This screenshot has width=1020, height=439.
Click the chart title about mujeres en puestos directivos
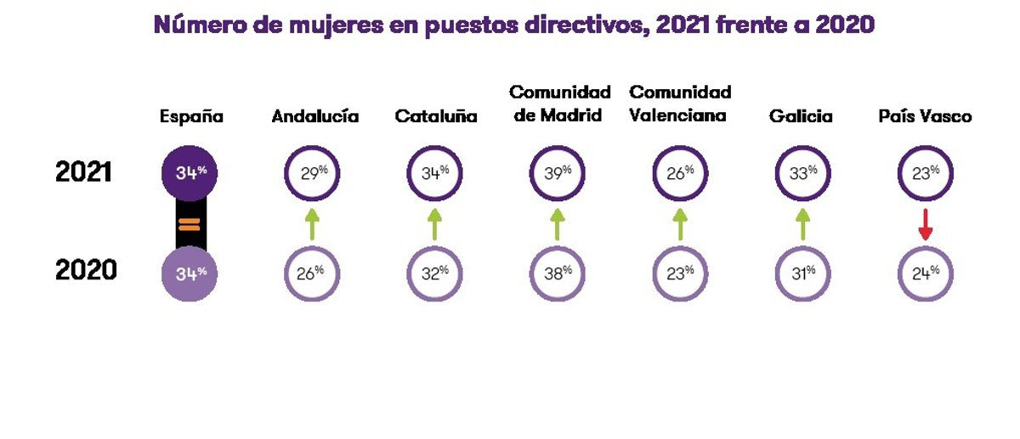click(513, 25)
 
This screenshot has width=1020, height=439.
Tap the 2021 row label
click(84, 172)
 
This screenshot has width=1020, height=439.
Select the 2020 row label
click(86, 271)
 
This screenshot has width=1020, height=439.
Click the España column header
click(191, 117)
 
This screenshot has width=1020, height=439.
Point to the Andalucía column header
click(314, 117)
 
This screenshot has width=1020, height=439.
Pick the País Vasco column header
click(925, 117)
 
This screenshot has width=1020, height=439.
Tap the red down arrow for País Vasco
click(926, 225)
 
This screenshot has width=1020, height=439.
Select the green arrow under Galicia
click(802, 223)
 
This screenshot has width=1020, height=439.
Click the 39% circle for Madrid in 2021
click(557, 173)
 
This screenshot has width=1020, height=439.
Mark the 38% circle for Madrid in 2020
click(557, 273)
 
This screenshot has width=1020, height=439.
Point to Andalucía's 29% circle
click(312, 173)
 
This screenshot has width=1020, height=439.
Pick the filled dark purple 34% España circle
click(190, 173)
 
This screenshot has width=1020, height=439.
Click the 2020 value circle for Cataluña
click(435, 273)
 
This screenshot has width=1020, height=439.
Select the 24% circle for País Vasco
click(926, 273)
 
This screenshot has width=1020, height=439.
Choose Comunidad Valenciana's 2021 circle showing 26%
click(680, 173)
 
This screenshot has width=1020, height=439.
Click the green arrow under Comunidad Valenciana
click(679, 223)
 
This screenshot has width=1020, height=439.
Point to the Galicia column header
click(801, 117)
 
